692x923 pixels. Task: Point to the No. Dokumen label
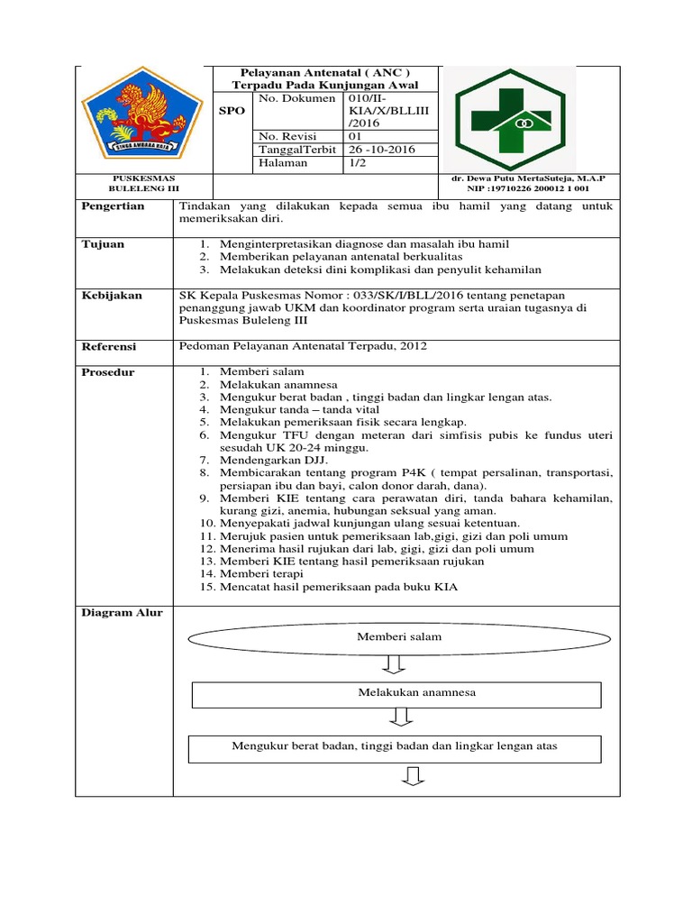click(296, 97)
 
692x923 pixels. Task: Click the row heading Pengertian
click(113, 206)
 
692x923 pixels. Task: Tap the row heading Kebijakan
click(112, 296)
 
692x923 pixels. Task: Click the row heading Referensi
click(108, 346)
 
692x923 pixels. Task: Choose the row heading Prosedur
click(108, 372)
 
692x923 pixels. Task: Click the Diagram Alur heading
click(122, 613)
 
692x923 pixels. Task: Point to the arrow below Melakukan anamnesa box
click(401, 717)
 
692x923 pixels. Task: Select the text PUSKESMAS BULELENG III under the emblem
click(144, 185)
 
